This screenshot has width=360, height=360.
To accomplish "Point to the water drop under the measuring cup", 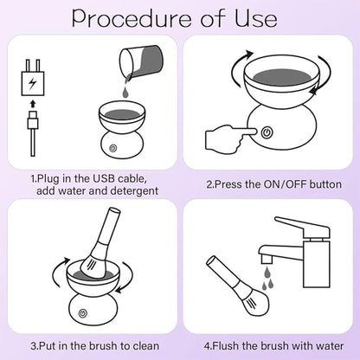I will [x=126, y=90].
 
